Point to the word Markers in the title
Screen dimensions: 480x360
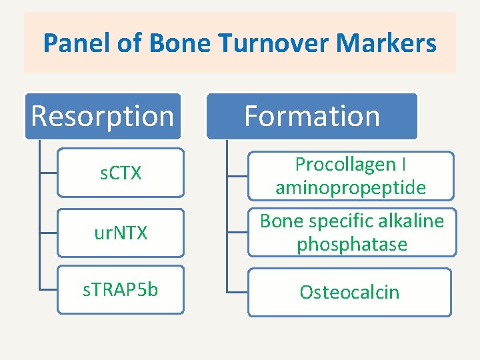(387, 44)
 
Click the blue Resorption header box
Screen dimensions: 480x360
(103, 116)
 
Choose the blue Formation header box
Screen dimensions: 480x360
(312, 116)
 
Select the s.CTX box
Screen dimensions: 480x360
(120, 173)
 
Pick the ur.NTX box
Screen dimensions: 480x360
(120, 233)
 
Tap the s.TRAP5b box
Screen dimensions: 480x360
(120, 290)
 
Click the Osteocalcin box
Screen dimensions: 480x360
(349, 292)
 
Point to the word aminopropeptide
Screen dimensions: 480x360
(351, 188)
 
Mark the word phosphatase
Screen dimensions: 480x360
(352, 245)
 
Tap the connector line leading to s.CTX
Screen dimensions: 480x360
(48, 173)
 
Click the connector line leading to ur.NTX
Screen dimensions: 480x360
(48, 232)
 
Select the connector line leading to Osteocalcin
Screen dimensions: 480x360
(237, 292)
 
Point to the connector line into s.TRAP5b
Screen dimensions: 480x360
(48, 290)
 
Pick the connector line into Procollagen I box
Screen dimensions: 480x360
(237, 176)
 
